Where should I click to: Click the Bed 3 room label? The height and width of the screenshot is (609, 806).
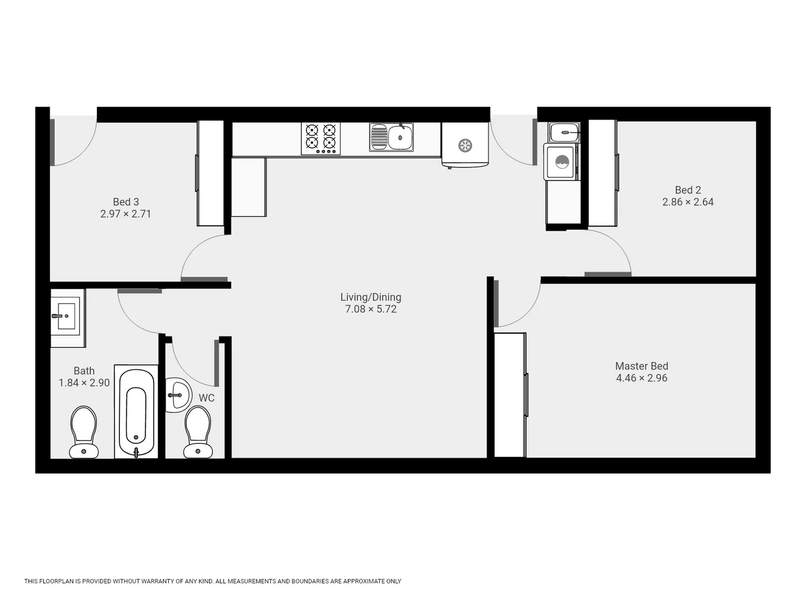(x=126, y=202)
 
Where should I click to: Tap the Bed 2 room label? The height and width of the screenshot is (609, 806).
(x=688, y=190)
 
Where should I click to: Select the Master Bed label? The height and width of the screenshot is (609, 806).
(x=642, y=366)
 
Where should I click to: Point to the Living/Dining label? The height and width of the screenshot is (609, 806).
(x=371, y=297)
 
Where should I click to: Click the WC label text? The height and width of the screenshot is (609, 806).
(x=207, y=398)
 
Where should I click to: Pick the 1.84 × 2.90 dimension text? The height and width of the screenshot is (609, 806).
(x=84, y=383)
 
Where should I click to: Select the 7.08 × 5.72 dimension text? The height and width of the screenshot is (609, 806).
(x=371, y=309)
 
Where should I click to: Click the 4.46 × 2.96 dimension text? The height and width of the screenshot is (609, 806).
(x=642, y=378)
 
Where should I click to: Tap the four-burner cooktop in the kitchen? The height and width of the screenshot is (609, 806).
(x=320, y=138)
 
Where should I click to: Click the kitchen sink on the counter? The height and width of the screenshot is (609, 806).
(x=391, y=137)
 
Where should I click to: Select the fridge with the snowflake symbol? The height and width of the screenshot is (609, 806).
(x=465, y=145)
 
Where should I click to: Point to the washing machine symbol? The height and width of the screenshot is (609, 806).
(x=562, y=162)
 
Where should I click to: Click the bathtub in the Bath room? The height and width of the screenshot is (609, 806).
(x=136, y=412)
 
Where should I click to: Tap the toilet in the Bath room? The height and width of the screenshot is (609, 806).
(x=84, y=432)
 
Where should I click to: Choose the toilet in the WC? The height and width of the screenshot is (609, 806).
(x=198, y=432)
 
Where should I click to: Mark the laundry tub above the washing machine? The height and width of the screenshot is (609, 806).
(x=564, y=133)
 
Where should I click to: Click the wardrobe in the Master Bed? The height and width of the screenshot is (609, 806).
(x=510, y=395)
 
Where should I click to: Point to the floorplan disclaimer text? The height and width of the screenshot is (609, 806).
(x=212, y=581)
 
